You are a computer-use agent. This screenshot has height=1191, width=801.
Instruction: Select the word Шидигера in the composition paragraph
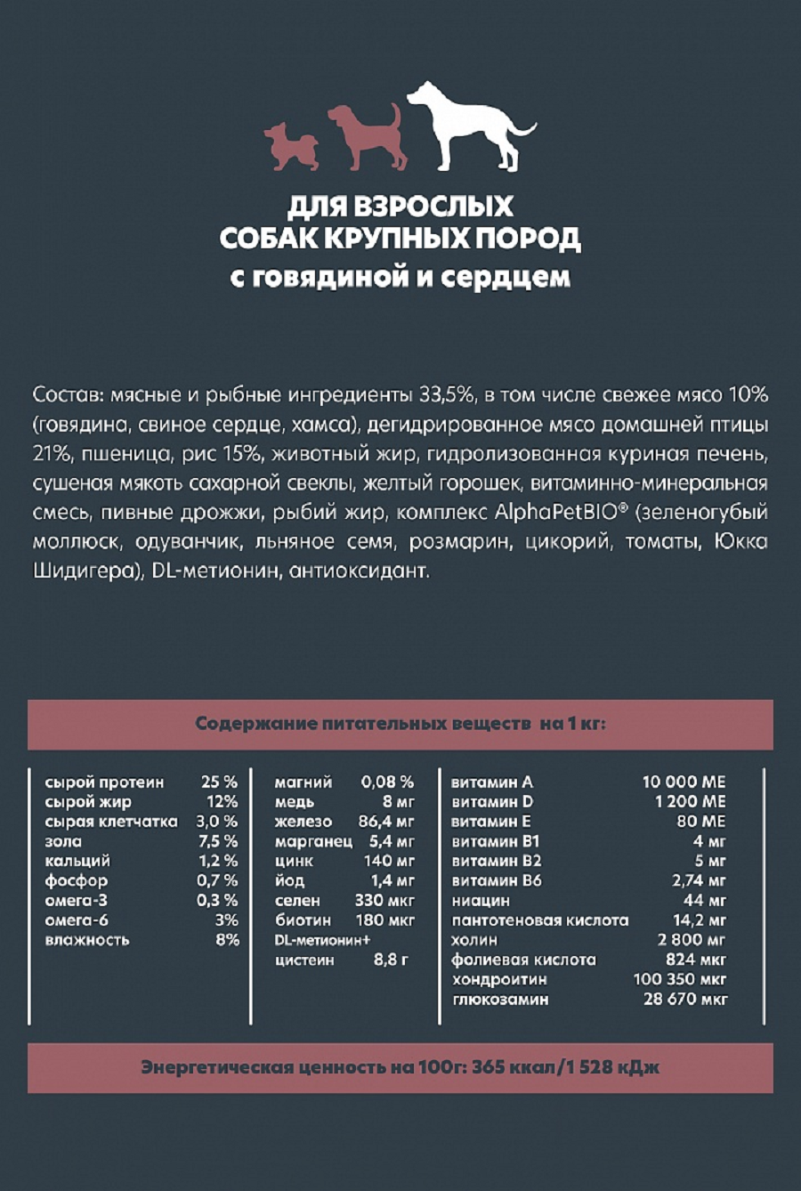pos(81,571)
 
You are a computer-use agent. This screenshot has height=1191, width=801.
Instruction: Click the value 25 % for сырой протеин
pos(219,782)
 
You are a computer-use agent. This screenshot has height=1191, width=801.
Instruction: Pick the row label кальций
pos(77,861)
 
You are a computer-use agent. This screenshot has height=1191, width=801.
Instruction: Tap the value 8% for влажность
pos(227,940)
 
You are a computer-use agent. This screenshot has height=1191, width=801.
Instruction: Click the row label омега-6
pos(77,920)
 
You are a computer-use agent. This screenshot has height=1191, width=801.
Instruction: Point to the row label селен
pos(297,901)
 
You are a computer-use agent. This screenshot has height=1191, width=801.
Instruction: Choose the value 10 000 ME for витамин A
pos(684,782)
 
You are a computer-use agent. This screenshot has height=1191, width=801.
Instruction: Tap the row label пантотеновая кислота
pos(539,920)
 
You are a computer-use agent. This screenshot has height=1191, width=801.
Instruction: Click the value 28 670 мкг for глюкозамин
pos(684,1000)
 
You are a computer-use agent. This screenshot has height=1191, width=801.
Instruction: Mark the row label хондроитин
pos(498,979)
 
